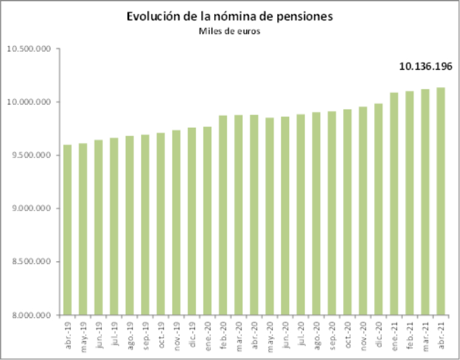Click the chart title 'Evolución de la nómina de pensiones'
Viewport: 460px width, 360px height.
(230, 16)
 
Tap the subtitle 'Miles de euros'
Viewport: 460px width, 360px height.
(230, 31)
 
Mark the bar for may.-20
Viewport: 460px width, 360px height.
(270, 216)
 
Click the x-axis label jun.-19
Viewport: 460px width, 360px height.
(98, 331)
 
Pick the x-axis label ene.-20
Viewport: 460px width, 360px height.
(208, 331)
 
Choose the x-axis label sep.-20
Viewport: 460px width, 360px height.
(332, 331)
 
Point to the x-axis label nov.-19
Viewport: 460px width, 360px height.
(176, 331)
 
